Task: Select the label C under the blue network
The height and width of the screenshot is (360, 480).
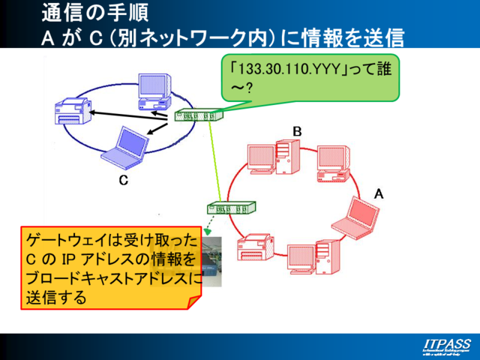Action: [x=124, y=181]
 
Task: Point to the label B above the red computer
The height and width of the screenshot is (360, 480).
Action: [x=297, y=131]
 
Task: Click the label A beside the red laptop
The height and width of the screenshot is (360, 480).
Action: [x=379, y=193]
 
